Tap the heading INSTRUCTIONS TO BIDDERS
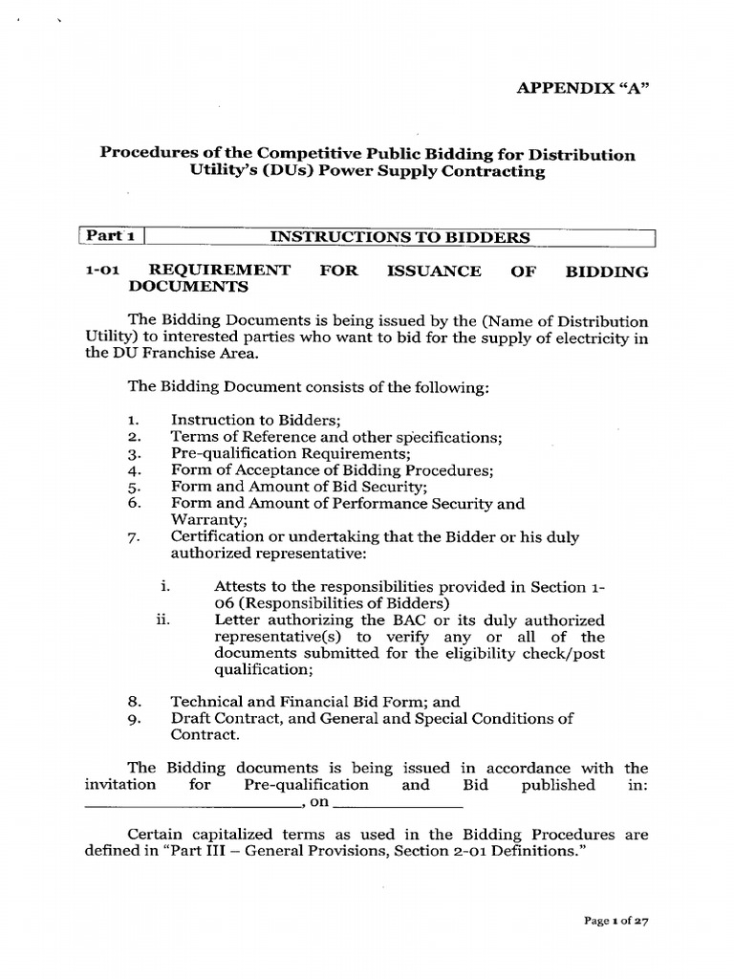[x=400, y=237]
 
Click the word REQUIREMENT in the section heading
[x=222, y=272]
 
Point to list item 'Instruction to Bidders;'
[x=248, y=419]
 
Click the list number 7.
[x=133, y=538]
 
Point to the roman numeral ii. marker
[x=162, y=620]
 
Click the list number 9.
[x=133, y=719]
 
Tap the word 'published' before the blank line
[x=558, y=785]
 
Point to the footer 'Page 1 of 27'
[x=615, y=922]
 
